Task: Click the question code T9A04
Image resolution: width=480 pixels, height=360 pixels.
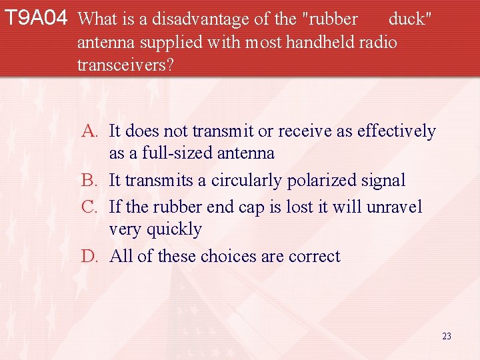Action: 35,19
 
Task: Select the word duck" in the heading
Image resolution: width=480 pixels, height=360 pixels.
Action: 410,19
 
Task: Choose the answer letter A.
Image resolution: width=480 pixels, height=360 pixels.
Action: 93,131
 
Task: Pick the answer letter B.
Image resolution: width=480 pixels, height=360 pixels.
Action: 93,181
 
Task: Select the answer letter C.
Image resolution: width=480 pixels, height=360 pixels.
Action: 93,207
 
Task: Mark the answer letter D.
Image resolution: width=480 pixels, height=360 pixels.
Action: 93,257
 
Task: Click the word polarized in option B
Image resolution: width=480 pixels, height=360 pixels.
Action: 327,181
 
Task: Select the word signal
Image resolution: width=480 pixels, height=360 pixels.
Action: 383,181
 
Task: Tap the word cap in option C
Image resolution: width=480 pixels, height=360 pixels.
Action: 253,207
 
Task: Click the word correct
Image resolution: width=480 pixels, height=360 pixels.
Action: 315,257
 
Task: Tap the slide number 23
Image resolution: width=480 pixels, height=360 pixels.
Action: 446,336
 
